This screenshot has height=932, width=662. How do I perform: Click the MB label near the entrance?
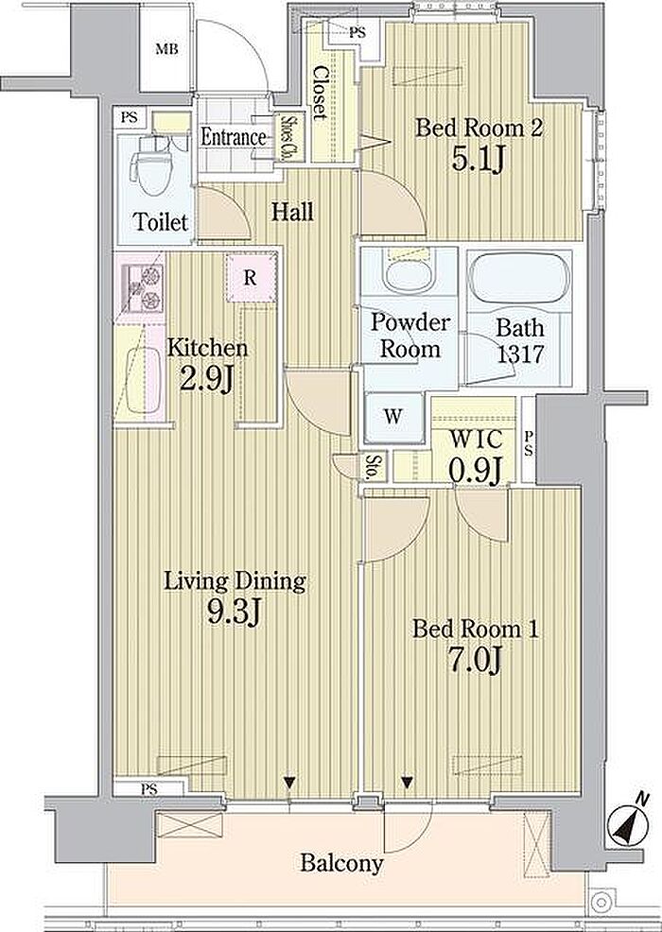point(166,49)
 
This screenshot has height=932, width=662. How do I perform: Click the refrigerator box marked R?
point(251,278)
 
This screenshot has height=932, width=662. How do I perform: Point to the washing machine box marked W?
point(392,417)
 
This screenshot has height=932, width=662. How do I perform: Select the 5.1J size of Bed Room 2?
point(478,159)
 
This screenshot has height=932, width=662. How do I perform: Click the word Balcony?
point(341,863)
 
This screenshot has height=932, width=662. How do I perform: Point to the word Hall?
point(292,211)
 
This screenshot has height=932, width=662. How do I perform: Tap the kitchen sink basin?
point(144,380)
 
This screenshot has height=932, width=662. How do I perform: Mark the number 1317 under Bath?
point(520,354)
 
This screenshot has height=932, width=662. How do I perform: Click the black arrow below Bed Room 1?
point(407,783)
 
